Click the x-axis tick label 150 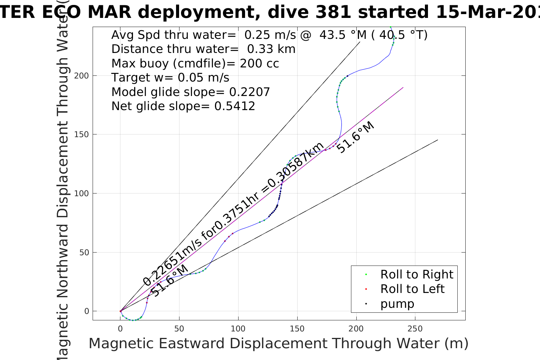(x=297, y=328)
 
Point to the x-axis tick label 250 (x=415, y=328)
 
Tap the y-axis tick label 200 (x=82, y=76)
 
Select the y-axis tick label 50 (x=84, y=253)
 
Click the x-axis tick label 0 (x=120, y=328)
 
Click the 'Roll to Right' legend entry (x=417, y=274)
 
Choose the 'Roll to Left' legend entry (x=412, y=289)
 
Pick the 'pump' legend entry (x=397, y=304)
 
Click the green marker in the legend (x=366, y=274)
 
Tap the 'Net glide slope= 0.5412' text (x=183, y=106)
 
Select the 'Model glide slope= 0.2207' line (x=191, y=92)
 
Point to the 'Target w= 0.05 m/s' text (x=170, y=78)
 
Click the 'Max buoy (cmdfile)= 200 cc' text (x=195, y=64)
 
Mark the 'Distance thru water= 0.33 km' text (x=204, y=49)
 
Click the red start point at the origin (x=120, y=311)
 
